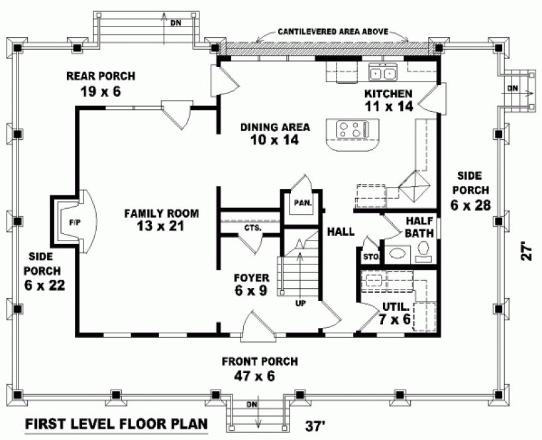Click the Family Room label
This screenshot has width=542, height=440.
coord(162,219)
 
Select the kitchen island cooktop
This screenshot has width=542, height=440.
coord(351,129)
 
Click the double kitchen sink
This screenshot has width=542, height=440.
coord(382,73)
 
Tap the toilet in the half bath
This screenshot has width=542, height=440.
coord(423,250)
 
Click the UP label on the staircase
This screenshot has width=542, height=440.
coord(299,303)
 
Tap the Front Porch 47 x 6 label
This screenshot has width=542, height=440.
coord(260,368)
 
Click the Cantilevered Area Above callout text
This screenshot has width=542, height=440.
coord(333,31)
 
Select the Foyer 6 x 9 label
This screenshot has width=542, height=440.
coord(250,284)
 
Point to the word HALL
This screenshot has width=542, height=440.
coord(341,232)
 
